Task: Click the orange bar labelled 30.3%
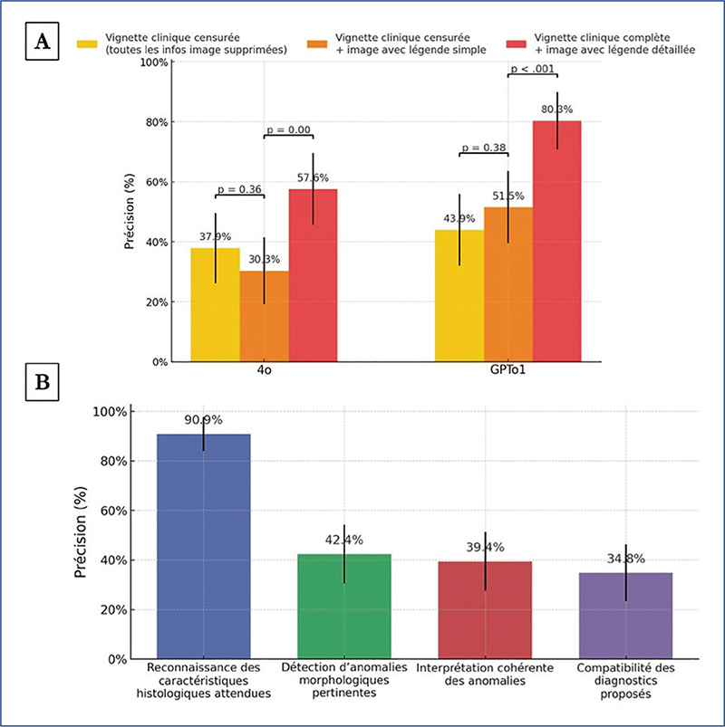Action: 264,316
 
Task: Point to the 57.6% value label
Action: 313,178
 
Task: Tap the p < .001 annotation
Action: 532,69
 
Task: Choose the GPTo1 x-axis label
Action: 507,371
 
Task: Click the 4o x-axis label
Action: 264,371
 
